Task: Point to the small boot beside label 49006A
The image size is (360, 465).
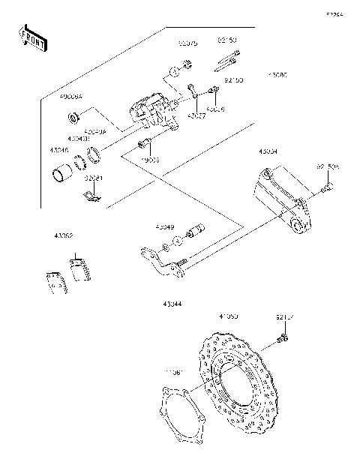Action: coord(75,117)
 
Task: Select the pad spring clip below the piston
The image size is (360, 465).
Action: coord(90,196)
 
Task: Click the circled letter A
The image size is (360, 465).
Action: coord(173,72)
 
